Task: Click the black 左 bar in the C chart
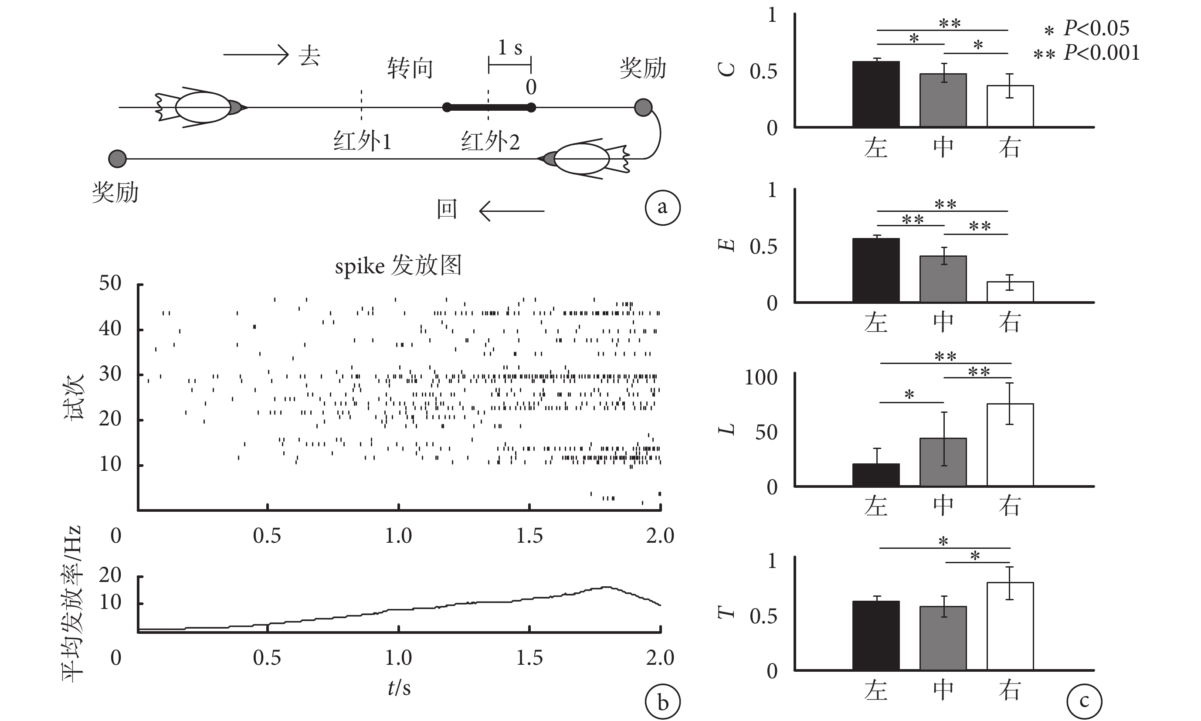tap(875, 94)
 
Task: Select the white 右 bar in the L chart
tap(1010, 445)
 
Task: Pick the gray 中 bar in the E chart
tap(943, 279)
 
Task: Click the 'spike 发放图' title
tap(398, 266)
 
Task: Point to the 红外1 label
tap(362, 141)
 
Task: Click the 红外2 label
tap(490, 141)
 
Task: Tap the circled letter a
tap(662, 207)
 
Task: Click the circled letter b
tap(662, 703)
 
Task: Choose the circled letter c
tap(1084, 701)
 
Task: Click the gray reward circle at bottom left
tap(117, 158)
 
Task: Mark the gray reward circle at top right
tap(643, 107)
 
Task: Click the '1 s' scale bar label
tap(510, 48)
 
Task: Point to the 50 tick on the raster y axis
tap(110, 283)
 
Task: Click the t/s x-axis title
tap(399, 687)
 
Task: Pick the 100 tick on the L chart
tap(760, 378)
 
